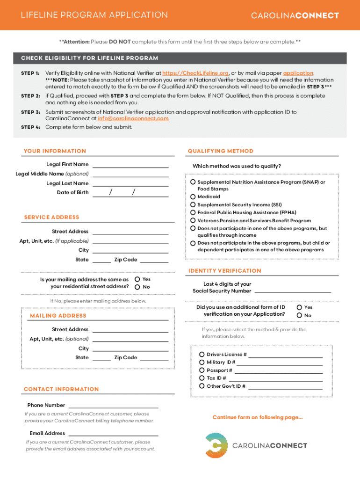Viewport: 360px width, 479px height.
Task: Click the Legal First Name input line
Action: click(x=130, y=165)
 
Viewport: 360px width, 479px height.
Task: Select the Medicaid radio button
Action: click(x=193, y=197)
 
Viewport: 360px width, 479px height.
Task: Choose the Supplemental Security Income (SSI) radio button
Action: click(x=193, y=205)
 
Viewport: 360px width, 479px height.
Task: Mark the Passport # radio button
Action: click(x=202, y=370)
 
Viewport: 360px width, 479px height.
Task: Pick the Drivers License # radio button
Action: click(x=202, y=355)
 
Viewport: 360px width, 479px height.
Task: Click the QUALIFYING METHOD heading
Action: click(x=220, y=151)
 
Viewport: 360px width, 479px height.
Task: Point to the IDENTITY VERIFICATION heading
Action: click(x=224, y=271)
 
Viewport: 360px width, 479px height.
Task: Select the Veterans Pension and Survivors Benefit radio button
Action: click(x=193, y=221)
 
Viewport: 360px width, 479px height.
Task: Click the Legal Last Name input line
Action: click(x=130, y=184)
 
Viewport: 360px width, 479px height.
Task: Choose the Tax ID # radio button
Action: click(x=202, y=378)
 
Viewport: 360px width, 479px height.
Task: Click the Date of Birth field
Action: click(x=130, y=193)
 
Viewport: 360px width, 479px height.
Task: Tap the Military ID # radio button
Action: click(x=202, y=363)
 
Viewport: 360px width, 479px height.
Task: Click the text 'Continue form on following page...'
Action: click(x=258, y=417)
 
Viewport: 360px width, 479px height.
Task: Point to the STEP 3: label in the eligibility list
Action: click(x=30, y=112)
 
